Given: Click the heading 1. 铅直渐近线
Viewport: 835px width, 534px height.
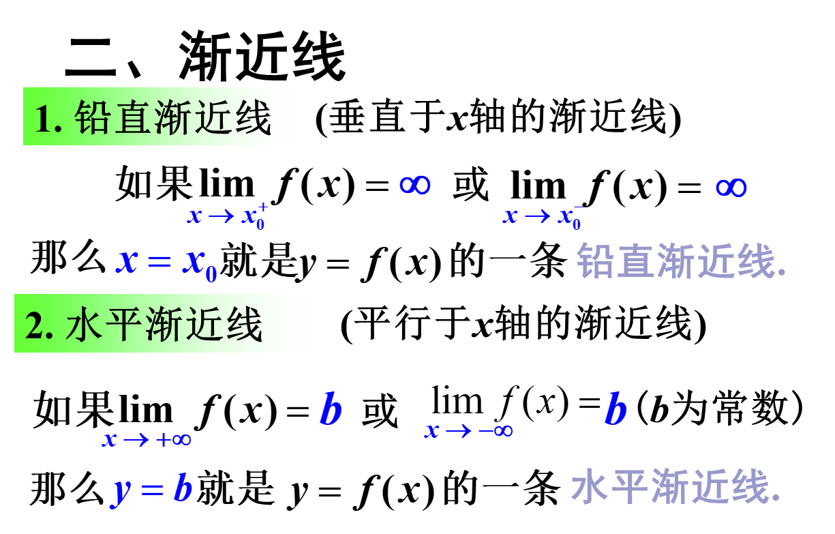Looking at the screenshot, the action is click(164, 117).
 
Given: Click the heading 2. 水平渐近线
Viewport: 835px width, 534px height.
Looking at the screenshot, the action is click(167, 324).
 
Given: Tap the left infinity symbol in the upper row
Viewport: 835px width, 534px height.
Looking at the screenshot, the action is click(414, 185).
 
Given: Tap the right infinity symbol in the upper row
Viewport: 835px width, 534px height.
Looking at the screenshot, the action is click(731, 188).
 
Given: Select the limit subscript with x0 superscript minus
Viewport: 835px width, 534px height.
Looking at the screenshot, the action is click(543, 216).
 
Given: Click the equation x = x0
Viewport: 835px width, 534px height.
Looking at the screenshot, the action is click(166, 262).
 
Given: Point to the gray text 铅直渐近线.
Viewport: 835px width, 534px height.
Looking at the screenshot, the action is click(682, 261).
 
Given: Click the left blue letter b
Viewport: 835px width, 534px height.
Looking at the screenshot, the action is click(331, 410).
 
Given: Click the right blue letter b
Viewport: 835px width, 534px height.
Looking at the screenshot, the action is click(616, 410).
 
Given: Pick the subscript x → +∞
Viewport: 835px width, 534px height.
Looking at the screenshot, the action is click(147, 439).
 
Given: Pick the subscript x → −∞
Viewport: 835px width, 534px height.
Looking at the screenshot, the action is click(468, 430).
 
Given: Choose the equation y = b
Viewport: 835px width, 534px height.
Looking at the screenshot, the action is click(153, 489).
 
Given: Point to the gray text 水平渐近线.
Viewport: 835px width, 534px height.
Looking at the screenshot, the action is click(675, 486).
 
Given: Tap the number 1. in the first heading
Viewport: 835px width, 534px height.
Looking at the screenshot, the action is click(48, 119).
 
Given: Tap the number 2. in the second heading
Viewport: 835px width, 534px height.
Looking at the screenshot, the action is click(40, 325).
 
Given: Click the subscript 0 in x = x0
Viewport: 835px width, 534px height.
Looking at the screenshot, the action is click(211, 274).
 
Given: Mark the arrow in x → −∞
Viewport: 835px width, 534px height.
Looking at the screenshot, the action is click(458, 430).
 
